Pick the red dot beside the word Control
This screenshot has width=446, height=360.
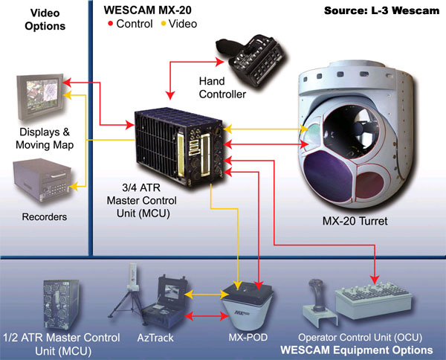111,25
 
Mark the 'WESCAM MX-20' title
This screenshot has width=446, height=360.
143,11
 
